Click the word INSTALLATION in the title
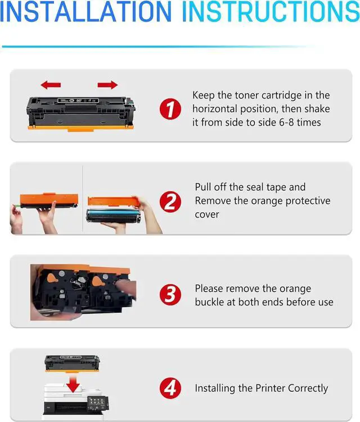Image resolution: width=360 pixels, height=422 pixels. click(85, 11)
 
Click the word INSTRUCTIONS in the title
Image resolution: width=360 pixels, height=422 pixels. click(271, 11)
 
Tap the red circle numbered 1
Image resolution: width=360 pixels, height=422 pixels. click(170, 109)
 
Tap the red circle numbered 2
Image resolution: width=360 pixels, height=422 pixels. click(170, 202)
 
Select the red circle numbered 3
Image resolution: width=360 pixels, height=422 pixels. click(170, 294)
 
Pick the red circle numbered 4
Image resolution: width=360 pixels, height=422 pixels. click(170, 388)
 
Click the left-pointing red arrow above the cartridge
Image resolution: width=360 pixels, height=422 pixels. click(51, 85)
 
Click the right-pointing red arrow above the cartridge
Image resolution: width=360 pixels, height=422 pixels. click(107, 85)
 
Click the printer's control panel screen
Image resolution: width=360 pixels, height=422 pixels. click(97, 402)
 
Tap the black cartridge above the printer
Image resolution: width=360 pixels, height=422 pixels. click(72, 363)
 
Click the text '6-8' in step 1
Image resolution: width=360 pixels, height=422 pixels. click(286, 123)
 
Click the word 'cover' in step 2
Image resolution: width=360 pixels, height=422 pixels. click(207, 214)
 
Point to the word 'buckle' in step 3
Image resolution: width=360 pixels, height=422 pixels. click(210, 302)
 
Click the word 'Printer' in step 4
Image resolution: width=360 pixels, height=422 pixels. click(271, 388)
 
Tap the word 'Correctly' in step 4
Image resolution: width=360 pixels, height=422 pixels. click(308, 388)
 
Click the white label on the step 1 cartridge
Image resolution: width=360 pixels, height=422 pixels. click(78, 101)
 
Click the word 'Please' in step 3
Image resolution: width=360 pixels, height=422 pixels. click(209, 289)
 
